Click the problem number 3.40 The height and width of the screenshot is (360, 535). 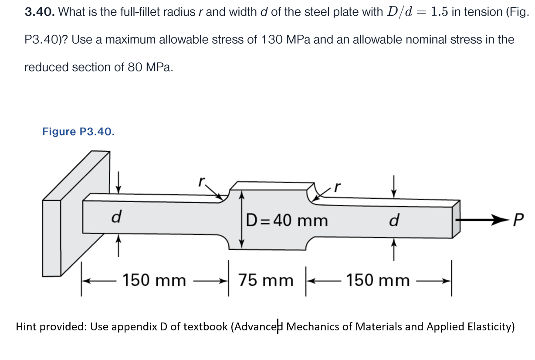(39, 12)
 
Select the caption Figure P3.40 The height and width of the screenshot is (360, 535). (78, 132)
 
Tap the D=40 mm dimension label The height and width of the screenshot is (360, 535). (286, 221)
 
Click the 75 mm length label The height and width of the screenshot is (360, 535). (265, 280)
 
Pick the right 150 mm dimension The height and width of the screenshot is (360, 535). (378, 280)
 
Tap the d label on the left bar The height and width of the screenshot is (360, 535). (116, 217)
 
